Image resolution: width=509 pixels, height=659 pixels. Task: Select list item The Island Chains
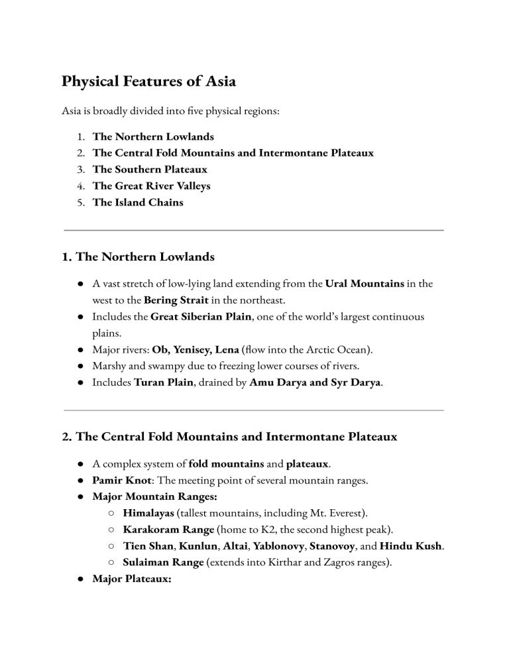[138, 202]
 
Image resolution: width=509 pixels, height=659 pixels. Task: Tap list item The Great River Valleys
[151, 186]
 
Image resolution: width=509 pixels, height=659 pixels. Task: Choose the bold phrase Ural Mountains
[365, 284]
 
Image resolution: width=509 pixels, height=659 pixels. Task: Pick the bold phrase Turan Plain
[162, 383]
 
